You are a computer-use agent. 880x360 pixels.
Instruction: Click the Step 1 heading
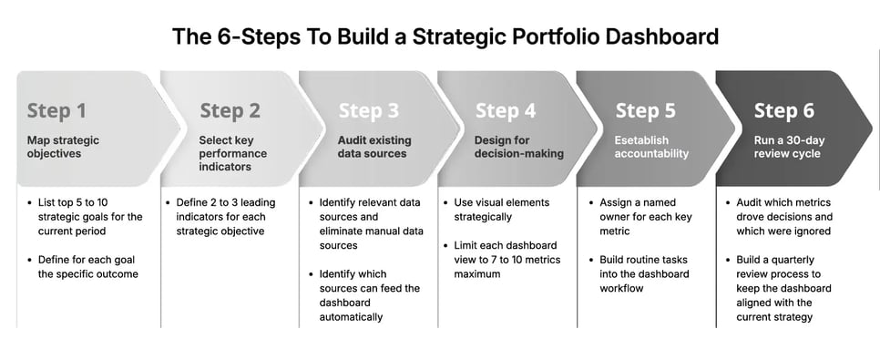tap(56, 111)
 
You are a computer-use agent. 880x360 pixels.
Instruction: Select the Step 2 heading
tap(230, 111)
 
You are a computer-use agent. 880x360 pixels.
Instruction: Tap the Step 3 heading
tap(368, 111)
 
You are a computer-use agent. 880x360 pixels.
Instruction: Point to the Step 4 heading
tap(506, 111)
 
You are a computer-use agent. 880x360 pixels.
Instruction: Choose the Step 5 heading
tap(645, 111)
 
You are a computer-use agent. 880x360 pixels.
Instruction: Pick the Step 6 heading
tap(783, 111)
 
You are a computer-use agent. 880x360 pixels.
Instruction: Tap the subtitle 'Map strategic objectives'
tap(63, 147)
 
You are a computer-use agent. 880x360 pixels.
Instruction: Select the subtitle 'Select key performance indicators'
tap(233, 153)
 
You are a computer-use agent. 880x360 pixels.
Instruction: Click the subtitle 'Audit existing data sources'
tap(373, 147)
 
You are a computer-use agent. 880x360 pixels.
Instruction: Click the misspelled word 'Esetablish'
tap(641, 140)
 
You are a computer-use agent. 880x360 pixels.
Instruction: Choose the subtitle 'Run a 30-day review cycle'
tap(787, 147)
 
